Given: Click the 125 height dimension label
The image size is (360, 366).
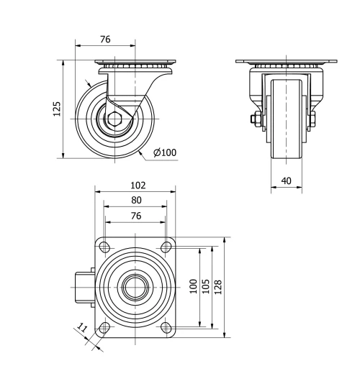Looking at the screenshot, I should click(x=57, y=108).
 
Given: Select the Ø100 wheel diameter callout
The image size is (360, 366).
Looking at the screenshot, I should click(x=165, y=152).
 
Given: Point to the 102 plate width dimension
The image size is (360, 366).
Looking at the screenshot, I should click(x=136, y=186).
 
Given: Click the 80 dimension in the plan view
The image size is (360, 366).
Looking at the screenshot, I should click(x=136, y=200).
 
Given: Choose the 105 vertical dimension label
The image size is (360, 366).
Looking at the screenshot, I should click(x=206, y=286).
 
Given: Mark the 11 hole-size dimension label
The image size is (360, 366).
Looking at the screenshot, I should click(x=83, y=329).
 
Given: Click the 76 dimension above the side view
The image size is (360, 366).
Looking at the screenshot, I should click(x=105, y=40).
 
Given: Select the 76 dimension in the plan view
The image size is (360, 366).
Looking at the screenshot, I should click(x=136, y=215).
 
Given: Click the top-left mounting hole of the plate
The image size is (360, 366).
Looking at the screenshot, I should click(x=105, y=247).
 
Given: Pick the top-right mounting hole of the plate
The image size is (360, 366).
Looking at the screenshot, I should click(x=166, y=247).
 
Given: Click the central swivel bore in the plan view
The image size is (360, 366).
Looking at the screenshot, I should click(x=135, y=288).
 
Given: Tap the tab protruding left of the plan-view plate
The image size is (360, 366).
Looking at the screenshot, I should click(x=84, y=288).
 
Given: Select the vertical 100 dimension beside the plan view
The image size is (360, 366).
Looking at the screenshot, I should click(x=192, y=286).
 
